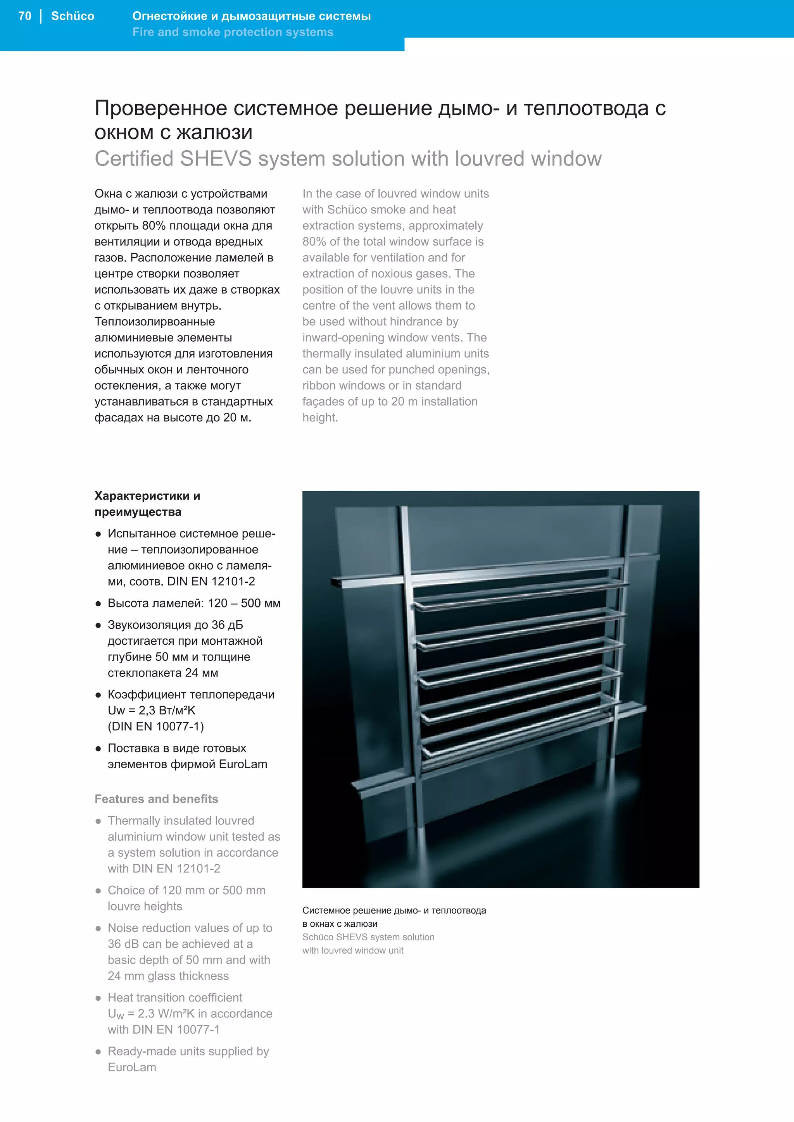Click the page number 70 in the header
coord(24,16)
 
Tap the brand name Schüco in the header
coord(72,16)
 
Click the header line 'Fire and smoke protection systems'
coord(233,32)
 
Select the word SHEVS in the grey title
coord(216,159)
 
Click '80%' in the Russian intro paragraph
coord(154,226)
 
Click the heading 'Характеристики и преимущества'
coord(147,504)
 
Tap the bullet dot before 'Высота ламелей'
coord(98,604)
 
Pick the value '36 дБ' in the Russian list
coord(227,625)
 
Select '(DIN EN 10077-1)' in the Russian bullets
coord(155,727)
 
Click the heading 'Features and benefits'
coord(156,799)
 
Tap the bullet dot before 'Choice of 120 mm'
coord(98,891)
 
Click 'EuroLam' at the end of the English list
coord(132,1067)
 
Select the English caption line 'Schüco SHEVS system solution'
coord(368,937)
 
